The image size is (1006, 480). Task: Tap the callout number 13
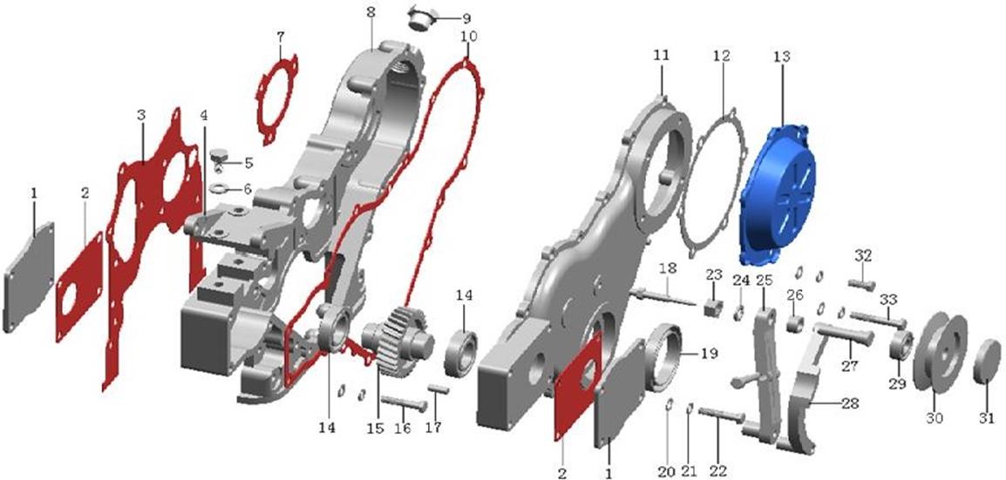point(781,57)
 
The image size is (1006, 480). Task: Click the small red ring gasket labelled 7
point(278,99)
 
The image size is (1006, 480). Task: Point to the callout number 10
point(468,36)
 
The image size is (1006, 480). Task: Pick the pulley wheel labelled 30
point(939,351)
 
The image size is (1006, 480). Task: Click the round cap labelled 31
point(987,362)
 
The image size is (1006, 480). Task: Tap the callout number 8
point(370,12)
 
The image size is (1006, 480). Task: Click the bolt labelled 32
point(861,285)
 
